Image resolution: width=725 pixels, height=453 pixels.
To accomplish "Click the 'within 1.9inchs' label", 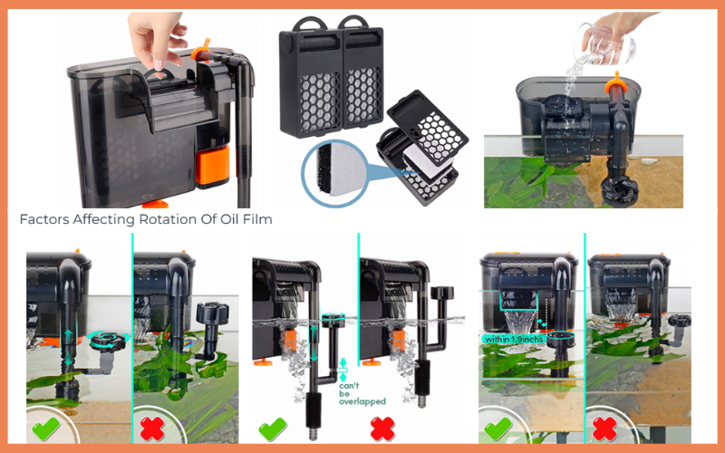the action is pyautogui.click(x=514, y=339).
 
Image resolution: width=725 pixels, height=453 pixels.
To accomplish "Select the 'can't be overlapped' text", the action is pyautogui.click(x=362, y=393).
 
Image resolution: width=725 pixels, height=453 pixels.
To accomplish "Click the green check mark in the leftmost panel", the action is pyautogui.click(x=45, y=428).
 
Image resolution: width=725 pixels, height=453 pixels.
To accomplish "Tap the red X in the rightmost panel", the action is pyautogui.click(x=604, y=429).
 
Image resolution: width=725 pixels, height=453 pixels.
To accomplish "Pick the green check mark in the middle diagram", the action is pyautogui.click(x=273, y=429).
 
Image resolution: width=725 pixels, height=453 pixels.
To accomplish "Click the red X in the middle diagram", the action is pyautogui.click(x=382, y=429).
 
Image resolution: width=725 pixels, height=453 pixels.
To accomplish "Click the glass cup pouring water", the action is pyautogui.click(x=604, y=43).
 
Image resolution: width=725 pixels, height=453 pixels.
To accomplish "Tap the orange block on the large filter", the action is pyautogui.click(x=212, y=166).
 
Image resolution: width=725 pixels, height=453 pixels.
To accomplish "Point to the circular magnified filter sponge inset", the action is pyautogui.click(x=335, y=173).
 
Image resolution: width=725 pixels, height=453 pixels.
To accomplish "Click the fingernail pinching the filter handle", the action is pyautogui.click(x=159, y=64).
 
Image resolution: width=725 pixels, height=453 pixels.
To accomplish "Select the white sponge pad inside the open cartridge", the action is pyautogui.click(x=424, y=162).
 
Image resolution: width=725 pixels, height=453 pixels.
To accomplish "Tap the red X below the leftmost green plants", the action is pyautogui.click(x=152, y=429).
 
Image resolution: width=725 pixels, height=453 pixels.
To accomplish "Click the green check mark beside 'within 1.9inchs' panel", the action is pyautogui.click(x=498, y=428).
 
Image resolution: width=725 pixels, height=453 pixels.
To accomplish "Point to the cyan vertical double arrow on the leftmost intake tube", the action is pyautogui.click(x=69, y=348).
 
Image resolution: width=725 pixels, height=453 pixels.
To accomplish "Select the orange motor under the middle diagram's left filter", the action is pyautogui.click(x=289, y=341).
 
